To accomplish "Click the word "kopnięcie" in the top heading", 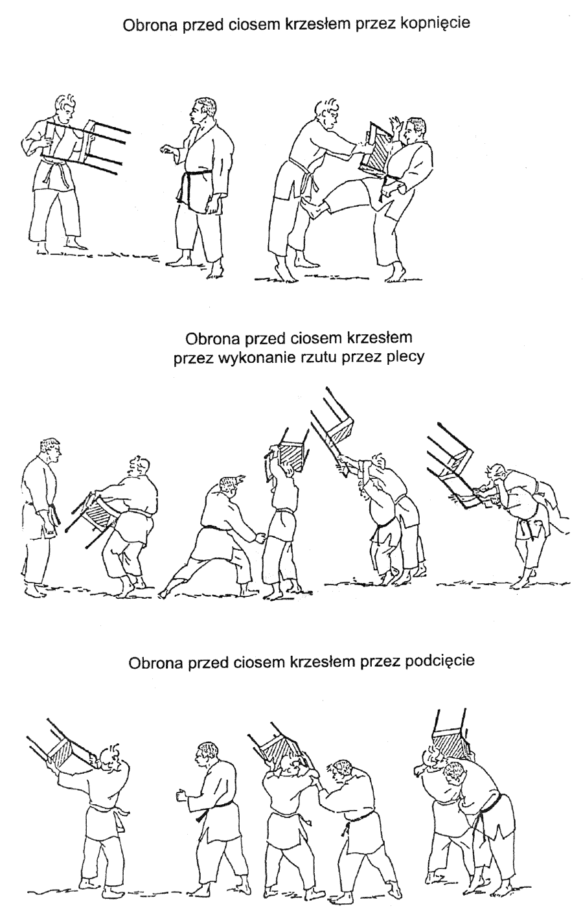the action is click(x=435, y=23).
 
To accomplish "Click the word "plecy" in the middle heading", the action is click(x=404, y=358).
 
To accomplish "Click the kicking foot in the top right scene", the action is click(x=315, y=208).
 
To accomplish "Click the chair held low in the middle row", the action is click(x=93, y=516).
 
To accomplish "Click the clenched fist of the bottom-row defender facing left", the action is click(x=180, y=795).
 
